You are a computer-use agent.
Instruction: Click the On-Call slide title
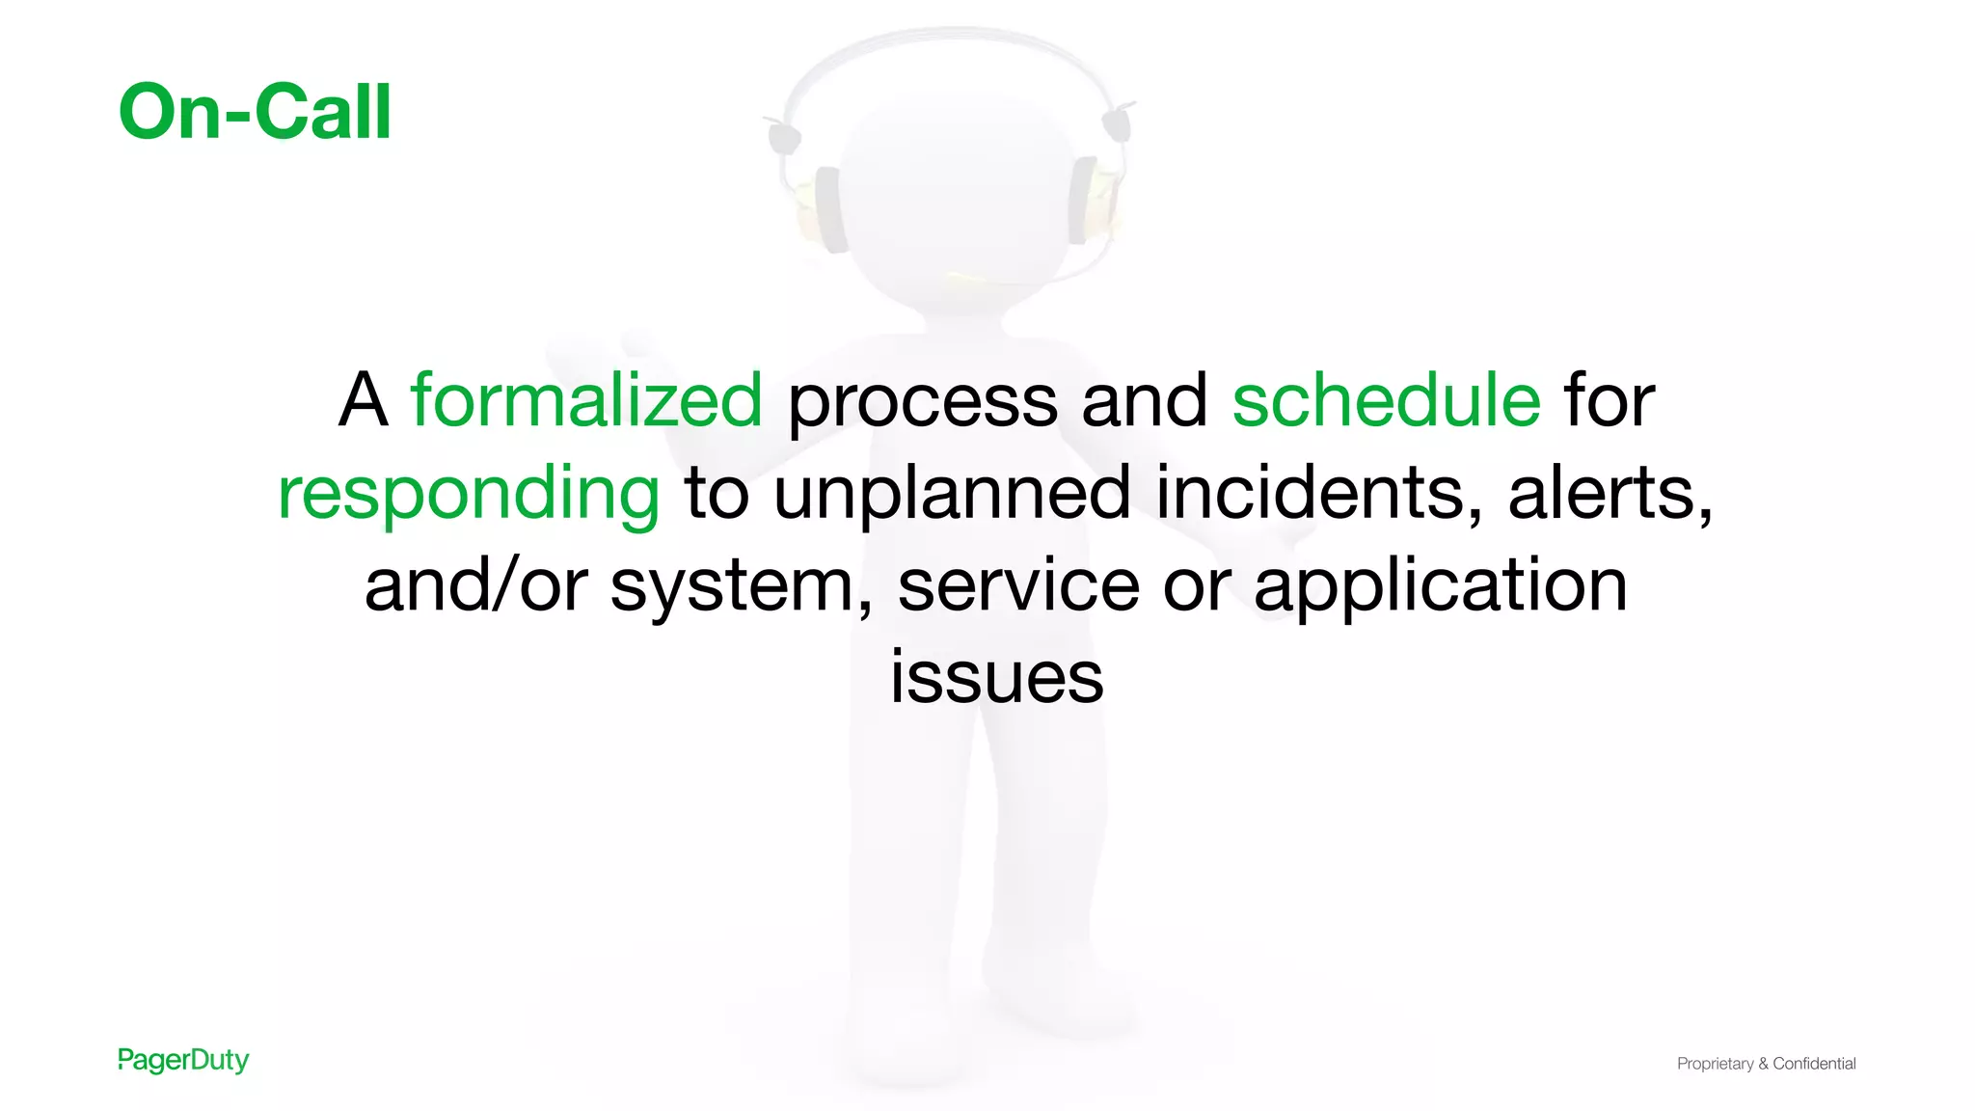pyautogui.click(x=255, y=112)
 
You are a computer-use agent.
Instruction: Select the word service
pyautogui.click(x=1018, y=584)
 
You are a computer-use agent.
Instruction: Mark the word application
pyautogui.click(x=1441, y=586)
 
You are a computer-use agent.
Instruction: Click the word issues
pyautogui.click(x=996, y=676)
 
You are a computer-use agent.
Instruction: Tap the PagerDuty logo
pyautogui.click(x=183, y=1060)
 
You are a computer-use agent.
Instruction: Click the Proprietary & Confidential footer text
pyautogui.click(x=1766, y=1064)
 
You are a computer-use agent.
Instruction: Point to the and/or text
pyautogui.click(x=475, y=584)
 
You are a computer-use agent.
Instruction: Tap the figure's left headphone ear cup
pyautogui.click(x=828, y=208)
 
